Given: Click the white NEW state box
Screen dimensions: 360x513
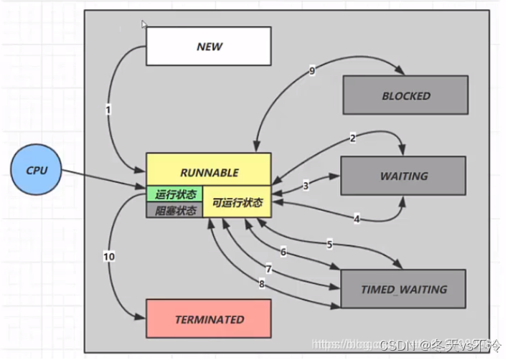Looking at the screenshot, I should pos(209,46).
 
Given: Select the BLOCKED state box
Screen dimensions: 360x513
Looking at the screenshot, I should pos(405,95).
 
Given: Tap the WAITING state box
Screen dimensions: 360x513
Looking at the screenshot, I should pos(404,176).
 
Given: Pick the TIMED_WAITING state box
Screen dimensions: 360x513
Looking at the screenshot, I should pos(404,290).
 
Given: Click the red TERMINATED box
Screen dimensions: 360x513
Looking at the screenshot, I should pos(209,319).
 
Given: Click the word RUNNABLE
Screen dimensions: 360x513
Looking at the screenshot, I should pos(209,173).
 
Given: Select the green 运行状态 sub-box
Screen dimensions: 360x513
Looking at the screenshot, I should pos(174,194).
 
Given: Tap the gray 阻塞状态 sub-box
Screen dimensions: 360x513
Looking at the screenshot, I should pos(174,210).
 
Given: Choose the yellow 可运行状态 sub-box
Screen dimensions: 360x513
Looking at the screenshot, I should pos(237,203).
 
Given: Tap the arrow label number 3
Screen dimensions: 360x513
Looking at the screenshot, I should pos(305,186).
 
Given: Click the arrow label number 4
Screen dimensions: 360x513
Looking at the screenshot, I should pos(357,219).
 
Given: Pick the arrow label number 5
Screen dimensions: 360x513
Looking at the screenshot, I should pos(329,245).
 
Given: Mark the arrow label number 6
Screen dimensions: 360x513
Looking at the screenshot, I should pos(283,252).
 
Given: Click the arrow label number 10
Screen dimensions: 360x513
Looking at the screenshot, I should pos(109,256).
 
